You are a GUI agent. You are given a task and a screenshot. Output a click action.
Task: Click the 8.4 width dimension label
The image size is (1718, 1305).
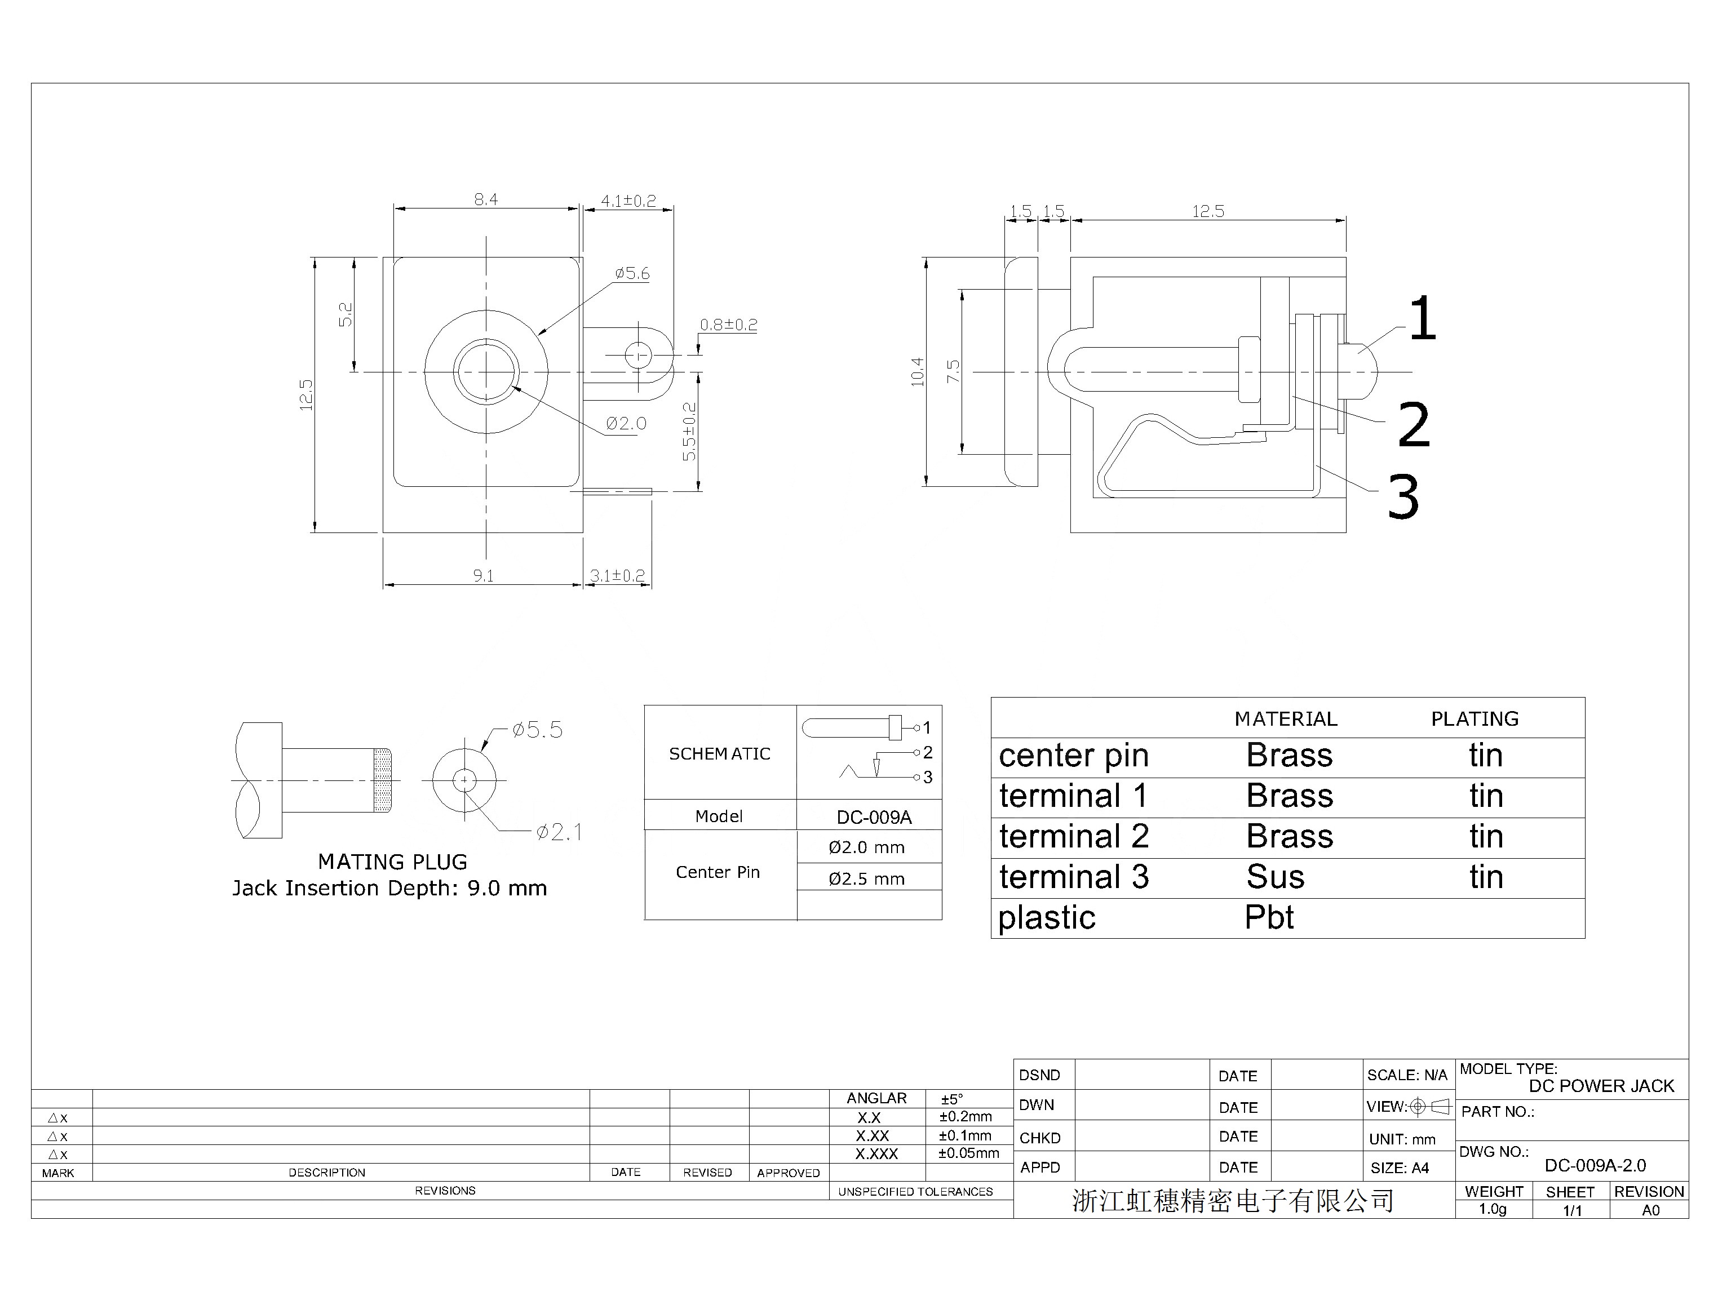click(x=486, y=199)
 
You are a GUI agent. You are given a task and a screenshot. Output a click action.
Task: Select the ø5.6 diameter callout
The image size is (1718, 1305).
click(x=632, y=273)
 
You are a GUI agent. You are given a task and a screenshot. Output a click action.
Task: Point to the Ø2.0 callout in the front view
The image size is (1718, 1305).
click(x=626, y=423)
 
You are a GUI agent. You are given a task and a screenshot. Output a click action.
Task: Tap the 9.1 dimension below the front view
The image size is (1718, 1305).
click(x=483, y=576)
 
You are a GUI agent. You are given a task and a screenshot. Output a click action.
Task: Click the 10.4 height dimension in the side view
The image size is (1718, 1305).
click(x=918, y=372)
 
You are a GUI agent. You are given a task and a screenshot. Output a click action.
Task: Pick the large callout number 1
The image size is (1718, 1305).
click(x=1422, y=318)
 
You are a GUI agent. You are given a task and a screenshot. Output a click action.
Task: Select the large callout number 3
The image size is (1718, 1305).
click(x=1403, y=497)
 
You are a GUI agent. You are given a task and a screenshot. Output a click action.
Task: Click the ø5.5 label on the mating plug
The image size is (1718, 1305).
click(x=538, y=730)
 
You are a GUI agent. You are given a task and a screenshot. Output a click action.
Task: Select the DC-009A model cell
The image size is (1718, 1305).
click(x=874, y=817)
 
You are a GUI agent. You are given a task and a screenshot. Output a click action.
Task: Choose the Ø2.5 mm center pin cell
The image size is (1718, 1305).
click(x=866, y=880)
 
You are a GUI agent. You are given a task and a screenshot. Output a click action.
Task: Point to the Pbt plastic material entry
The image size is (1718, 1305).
click(x=1269, y=917)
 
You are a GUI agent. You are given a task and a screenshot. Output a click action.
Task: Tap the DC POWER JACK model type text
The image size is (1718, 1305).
click(x=1601, y=1086)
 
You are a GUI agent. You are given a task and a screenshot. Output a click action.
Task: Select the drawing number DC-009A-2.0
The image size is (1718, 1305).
click(x=1595, y=1165)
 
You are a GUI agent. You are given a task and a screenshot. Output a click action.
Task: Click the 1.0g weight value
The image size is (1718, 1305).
click(x=1492, y=1209)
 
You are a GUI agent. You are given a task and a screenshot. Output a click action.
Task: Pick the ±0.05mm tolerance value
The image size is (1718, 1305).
click(x=969, y=1153)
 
